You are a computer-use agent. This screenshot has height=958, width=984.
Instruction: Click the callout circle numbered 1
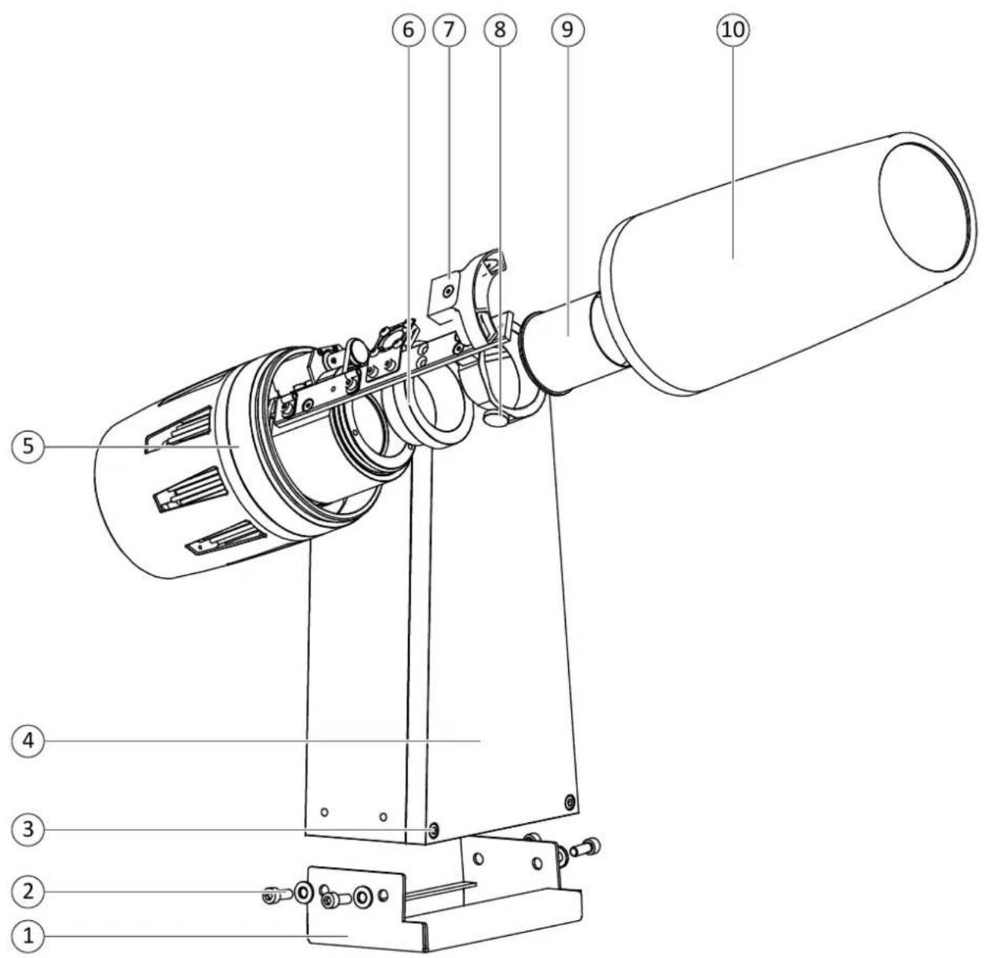tap(28, 937)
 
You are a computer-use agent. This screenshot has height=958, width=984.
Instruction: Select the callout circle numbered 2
tap(28, 892)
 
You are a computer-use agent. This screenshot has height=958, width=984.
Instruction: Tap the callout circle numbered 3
tap(28, 829)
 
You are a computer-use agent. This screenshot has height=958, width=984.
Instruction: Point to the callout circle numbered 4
tap(28, 741)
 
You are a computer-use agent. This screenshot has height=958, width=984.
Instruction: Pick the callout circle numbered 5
tap(28, 446)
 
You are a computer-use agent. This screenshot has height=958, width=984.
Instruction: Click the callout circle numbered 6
tap(408, 29)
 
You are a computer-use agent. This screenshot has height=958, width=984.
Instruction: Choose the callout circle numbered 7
tap(449, 29)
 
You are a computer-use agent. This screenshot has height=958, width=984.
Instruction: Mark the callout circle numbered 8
tap(500, 29)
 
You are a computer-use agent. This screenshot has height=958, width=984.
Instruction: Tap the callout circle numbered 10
tap(732, 29)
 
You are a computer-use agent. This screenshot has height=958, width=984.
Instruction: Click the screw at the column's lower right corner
tap(570, 803)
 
